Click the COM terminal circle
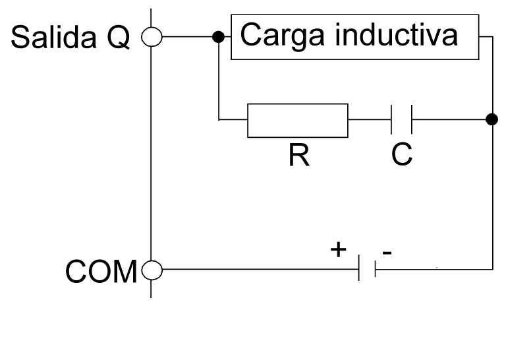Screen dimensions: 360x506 pyautogui.click(x=152, y=269)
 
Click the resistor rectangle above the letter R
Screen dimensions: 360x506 pyautogui.click(x=297, y=120)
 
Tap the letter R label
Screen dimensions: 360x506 pyautogui.click(x=298, y=156)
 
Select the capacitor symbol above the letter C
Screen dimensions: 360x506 pyautogui.click(x=401, y=120)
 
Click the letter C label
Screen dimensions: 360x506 pyautogui.click(x=401, y=156)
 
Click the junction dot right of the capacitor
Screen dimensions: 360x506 pyautogui.click(x=492, y=119)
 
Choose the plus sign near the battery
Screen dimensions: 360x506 pyautogui.click(x=337, y=249)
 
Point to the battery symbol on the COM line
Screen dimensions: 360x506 pyautogui.click(x=367, y=269)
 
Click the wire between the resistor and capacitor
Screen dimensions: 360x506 pyautogui.click(x=369, y=120)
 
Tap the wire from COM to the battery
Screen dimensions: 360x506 pyautogui.click(x=257, y=269)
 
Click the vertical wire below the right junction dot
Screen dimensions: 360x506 pyautogui.click(x=492, y=198)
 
